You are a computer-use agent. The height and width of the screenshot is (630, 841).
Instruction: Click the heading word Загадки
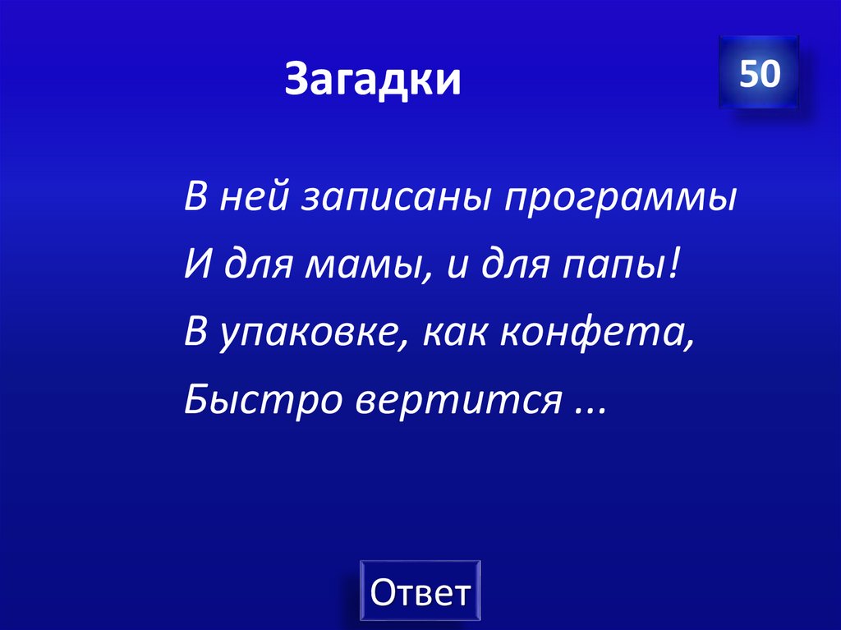[x=373, y=80]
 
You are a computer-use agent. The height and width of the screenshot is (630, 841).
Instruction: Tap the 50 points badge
[x=758, y=73]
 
